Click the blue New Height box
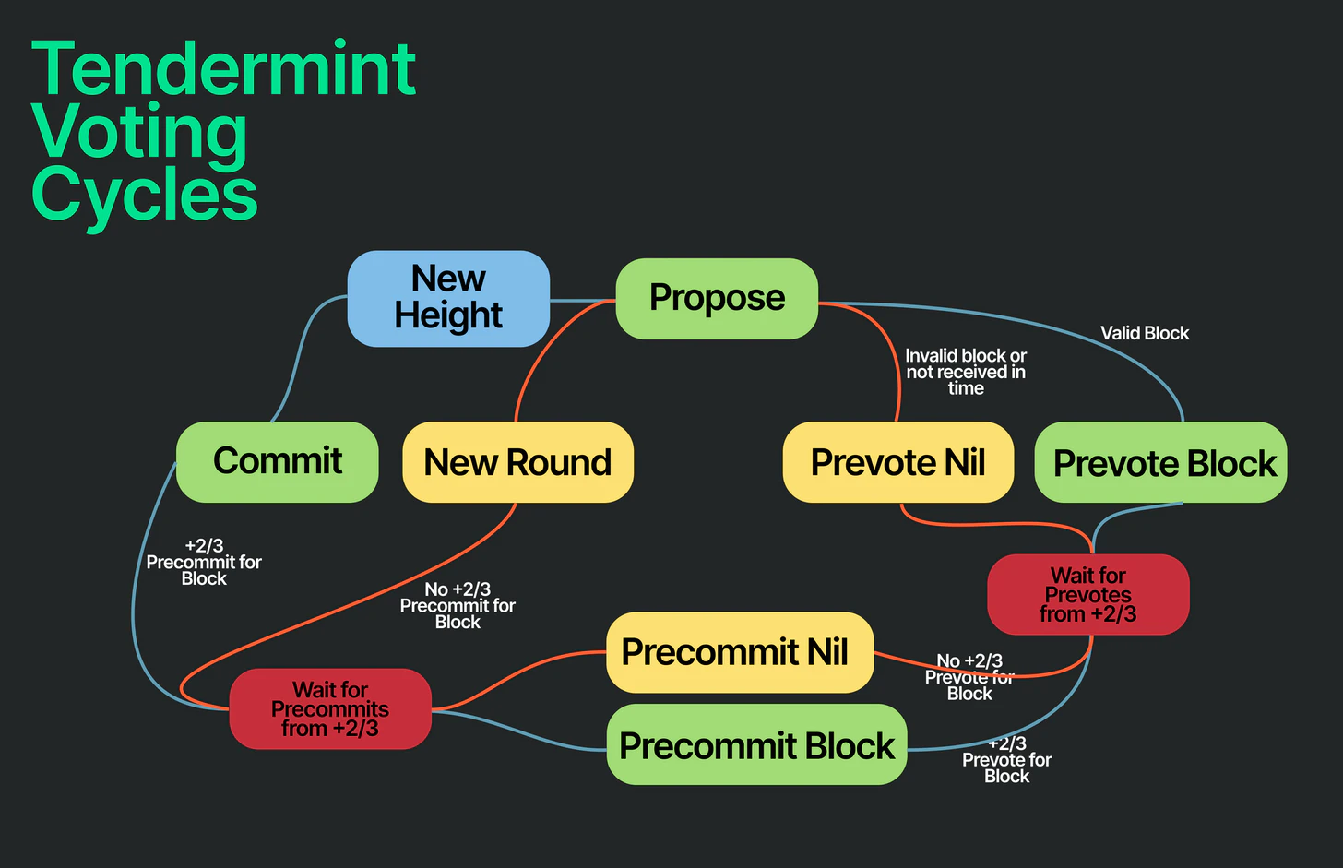(x=448, y=299)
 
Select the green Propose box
(x=717, y=299)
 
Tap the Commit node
(x=277, y=461)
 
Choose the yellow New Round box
(x=518, y=461)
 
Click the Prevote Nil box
(x=898, y=461)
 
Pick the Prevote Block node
(x=1160, y=461)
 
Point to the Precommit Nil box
(x=740, y=652)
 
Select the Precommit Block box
(x=756, y=744)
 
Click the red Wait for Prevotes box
(x=1088, y=595)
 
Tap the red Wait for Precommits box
(x=330, y=708)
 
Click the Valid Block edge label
(x=1145, y=333)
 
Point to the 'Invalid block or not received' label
(x=965, y=372)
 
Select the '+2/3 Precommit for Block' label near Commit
(x=204, y=563)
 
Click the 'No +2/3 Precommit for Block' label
(x=458, y=605)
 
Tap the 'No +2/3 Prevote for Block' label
(x=969, y=677)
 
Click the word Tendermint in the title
(x=223, y=67)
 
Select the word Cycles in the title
(x=145, y=195)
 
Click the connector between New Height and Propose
(x=583, y=301)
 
